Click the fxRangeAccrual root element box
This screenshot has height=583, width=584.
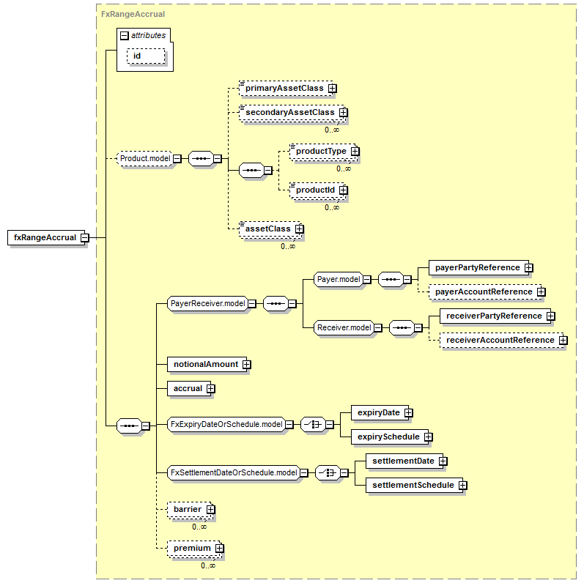click(46, 237)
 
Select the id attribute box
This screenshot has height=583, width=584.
click(146, 56)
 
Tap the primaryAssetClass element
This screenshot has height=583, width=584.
click(286, 88)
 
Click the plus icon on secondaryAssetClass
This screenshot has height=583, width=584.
click(344, 113)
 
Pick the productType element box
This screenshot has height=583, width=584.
click(322, 151)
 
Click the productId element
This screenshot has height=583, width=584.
click(317, 190)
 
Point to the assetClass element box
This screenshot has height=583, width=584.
click(269, 229)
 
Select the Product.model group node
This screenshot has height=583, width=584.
click(145, 159)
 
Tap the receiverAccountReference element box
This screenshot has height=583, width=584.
click(502, 341)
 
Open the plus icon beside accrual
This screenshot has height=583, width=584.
click(211, 389)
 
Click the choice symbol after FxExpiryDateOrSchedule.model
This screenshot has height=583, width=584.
click(313, 424)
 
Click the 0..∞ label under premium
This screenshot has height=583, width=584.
click(208, 565)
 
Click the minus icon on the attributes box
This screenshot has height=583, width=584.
click(125, 35)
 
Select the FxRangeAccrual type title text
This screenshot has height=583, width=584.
click(133, 14)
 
